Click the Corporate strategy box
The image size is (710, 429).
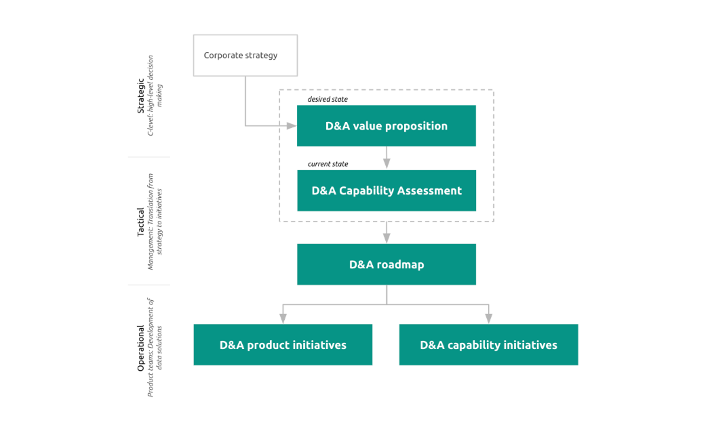pyautogui.click(x=245, y=56)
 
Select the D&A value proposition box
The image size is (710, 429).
pyautogui.click(x=386, y=126)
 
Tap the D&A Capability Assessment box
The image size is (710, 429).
pyautogui.click(x=386, y=190)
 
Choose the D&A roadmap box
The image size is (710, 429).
pyautogui.click(x=386, y=264)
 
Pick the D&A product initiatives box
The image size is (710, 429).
pyautogui.click(x=283, y=345)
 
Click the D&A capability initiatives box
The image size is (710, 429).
pyautogui.click(x=488, y=345)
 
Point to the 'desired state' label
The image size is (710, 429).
pyautogui.click(x=328, y=99)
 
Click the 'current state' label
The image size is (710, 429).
pyautogui.click(x=328, y=164)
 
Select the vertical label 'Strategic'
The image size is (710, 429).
pyautogui.click(x=141, y=95)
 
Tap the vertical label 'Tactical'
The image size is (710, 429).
pyautogui.click(x=141, y=222)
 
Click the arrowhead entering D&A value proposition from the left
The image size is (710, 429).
pyautogui.click(x=292, y=126)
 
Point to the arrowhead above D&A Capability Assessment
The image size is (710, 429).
pyautogui.click(x=387, y=163)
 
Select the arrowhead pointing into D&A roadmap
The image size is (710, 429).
pyautogui.click(x=387, y=238)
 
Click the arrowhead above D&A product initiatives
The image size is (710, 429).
pyautogui.click(x=283, y=318)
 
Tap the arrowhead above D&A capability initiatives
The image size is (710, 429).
pyautogui.click(x=488, y=318)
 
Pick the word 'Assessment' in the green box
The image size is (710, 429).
pyautogui.click(x=430, y=190)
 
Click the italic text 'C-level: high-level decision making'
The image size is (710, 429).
pyautogui.click(x=155, y=95)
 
